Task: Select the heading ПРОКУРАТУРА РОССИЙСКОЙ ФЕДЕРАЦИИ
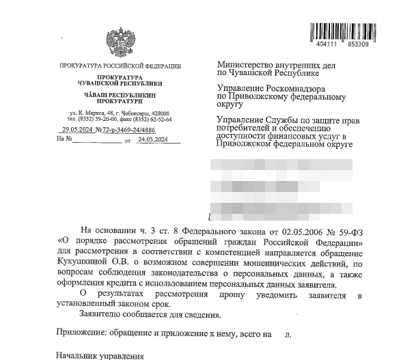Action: pyautogui.click(x=120, y=66)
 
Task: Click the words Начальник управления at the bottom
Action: pyautogui.click(x=100, y=356)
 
